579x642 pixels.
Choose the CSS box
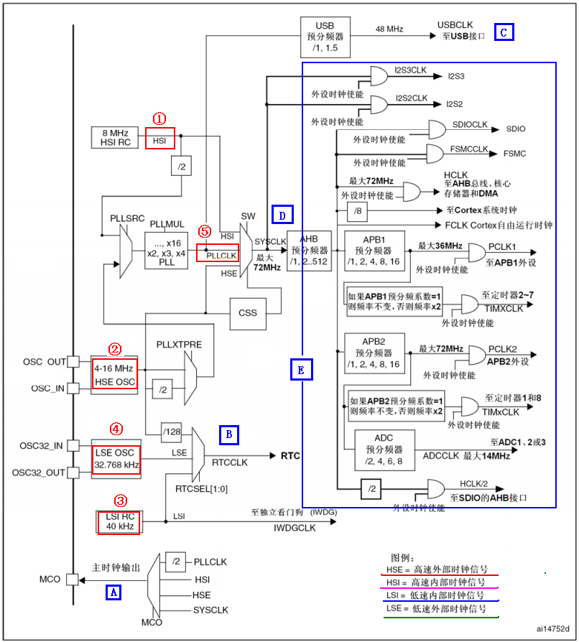pyautogui.click(x=248, y=312)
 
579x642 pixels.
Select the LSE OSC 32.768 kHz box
pyautogui.click(x=116, y=460)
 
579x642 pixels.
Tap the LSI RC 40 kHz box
pyautogui.click(x=119, y=521)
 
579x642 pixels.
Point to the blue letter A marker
pyautogui.click(x=114, y=592)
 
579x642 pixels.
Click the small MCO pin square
pyautogui.click(x=72, y=579)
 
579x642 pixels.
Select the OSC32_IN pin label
pyautogui.click(x=41, y=446)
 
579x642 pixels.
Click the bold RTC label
pyautogui.click(x=290, y=455)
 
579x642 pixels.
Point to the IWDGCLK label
pyautogui.click(x=295, y=528)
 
